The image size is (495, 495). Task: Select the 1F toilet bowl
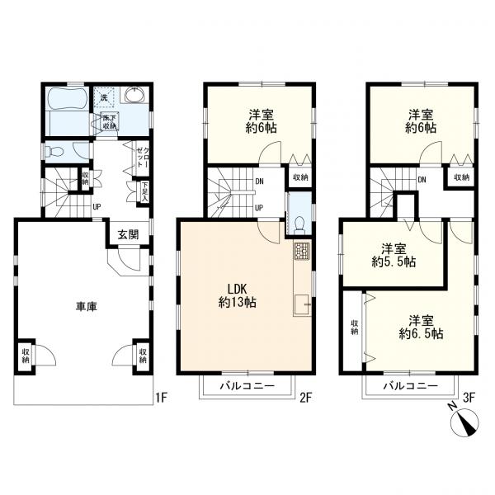point(54,153)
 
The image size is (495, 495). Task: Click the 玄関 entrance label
point(128,234)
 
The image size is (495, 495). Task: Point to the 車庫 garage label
point(86,306)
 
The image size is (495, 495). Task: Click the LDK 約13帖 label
point(237,295)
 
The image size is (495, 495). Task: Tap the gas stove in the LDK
point(302,251)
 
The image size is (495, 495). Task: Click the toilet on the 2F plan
point(299,227)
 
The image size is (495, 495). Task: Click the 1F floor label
point(161,398)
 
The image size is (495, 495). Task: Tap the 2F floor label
point(305,398)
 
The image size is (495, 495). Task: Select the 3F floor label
point(469,398)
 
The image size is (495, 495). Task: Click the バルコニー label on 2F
point(247,385)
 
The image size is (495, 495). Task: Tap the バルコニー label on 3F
point(410,385)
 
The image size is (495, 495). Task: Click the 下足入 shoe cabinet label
point(144,191)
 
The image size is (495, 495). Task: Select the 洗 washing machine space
point(104,97)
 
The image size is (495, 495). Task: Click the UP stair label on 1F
point(97,207)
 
